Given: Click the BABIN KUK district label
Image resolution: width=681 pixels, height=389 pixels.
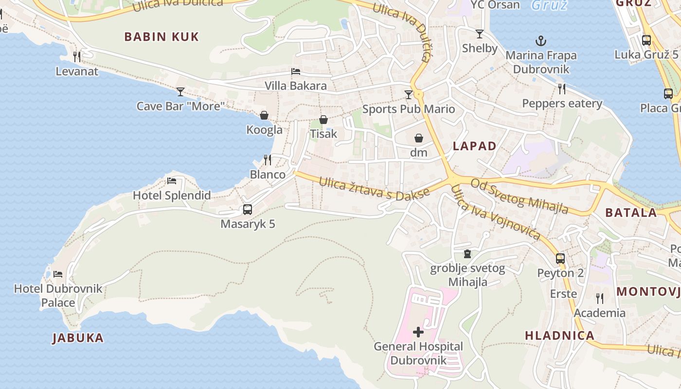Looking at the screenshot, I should pyautogui.click(x=161, y=37).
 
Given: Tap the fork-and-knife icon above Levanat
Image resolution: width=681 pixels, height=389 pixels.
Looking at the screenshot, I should pyautogui.click(x=77, y=56).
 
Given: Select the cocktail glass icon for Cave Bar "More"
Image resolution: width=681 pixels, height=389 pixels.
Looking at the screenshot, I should pyautogui.click(x=180, y=91).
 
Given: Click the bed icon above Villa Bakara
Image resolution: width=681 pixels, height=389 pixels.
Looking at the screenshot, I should pyautogui.click(x=295, y=71).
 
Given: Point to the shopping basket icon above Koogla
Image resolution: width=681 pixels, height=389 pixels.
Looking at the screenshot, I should pyautogui.click(x=264, y=115).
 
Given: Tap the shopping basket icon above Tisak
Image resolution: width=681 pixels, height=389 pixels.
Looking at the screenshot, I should pyautogui.click(x=323, y=120).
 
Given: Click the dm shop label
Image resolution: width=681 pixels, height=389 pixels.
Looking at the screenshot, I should pyautogui.click(x=418, y=153).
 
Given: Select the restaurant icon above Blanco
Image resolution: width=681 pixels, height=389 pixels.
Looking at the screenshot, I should pyautogui.click(x=268, y=159).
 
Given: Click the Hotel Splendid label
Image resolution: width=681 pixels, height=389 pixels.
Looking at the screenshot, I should pyautogui.click(x=172, y=195).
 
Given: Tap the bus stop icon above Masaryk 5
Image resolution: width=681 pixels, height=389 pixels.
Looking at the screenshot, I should pyautogui.click(x=248, y=210).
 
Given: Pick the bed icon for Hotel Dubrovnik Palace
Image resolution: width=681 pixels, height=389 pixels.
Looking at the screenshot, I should pyautogui.click(x=58, y=274).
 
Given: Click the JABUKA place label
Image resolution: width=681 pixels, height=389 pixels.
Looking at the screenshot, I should pyautogui.click(x=78, y=338).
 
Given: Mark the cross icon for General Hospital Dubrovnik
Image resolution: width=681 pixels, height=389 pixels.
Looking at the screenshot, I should pyautogui.click(x=418, y=333).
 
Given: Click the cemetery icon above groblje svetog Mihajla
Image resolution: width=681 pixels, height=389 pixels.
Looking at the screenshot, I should pyautogui.click(x=467, y=254).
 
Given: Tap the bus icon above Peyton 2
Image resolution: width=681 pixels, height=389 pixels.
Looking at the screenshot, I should pyautogui.click(x=560, y=259).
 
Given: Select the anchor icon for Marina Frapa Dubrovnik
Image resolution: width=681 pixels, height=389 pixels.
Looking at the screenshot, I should pyautogui.click(x=540, y=41).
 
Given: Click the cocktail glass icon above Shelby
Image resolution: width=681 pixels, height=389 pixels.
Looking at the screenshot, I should pyautogui.click(x=480, y=34).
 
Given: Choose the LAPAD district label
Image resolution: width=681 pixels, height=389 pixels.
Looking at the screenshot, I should pyautogui.click(x=475, y=146).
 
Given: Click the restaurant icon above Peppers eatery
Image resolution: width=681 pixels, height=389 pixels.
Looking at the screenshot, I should pyautogui.click(x=562, y=88).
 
